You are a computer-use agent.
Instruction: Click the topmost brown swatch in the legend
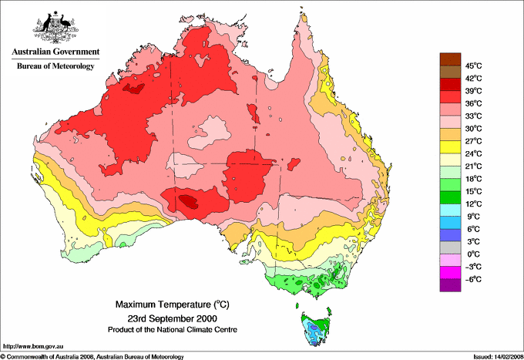pyautogui.click(x=449, y=59)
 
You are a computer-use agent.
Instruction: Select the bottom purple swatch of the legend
pyautogui.click(x=449, y=285)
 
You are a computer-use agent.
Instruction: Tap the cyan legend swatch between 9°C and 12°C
pyautogui.click(x=449, y=210)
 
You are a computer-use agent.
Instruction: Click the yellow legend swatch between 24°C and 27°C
pyautogui.click(x=449, y=147)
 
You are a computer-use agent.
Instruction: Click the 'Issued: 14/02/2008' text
pyautogui.click(x=494, y=356)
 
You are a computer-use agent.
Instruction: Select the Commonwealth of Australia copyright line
pyautogui.click(x=92, y=356)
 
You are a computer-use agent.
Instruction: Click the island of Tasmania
pyautogui.click(x=316, y=327)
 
